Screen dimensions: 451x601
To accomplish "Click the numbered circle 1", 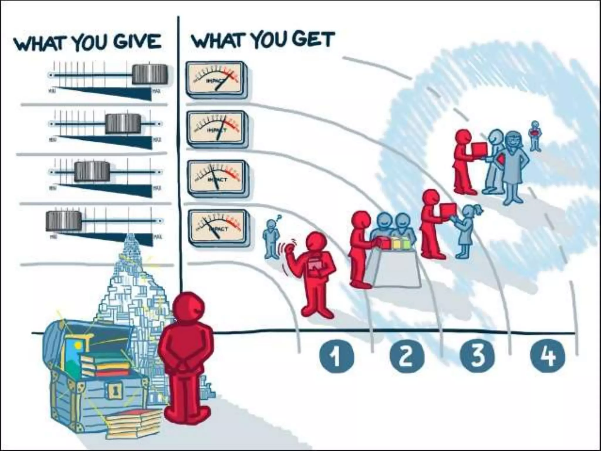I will tap(336, 356).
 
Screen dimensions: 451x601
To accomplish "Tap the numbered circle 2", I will tap(407, 356).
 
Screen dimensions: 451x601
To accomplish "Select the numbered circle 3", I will tap(477, 356).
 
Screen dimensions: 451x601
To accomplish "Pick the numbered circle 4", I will tap(548, 356).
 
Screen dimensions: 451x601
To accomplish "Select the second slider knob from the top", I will tap(123, 124).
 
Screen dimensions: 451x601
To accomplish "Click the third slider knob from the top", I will tap(92, 171).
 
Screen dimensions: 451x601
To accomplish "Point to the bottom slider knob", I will tap(63, 220).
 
